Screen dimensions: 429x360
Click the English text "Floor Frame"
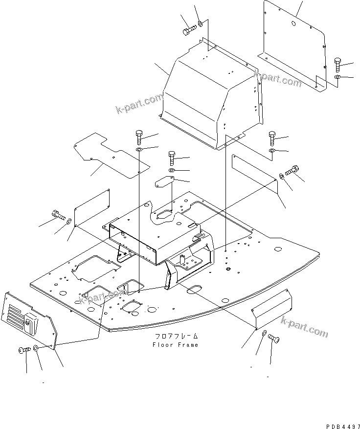click(x=175, y=345)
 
